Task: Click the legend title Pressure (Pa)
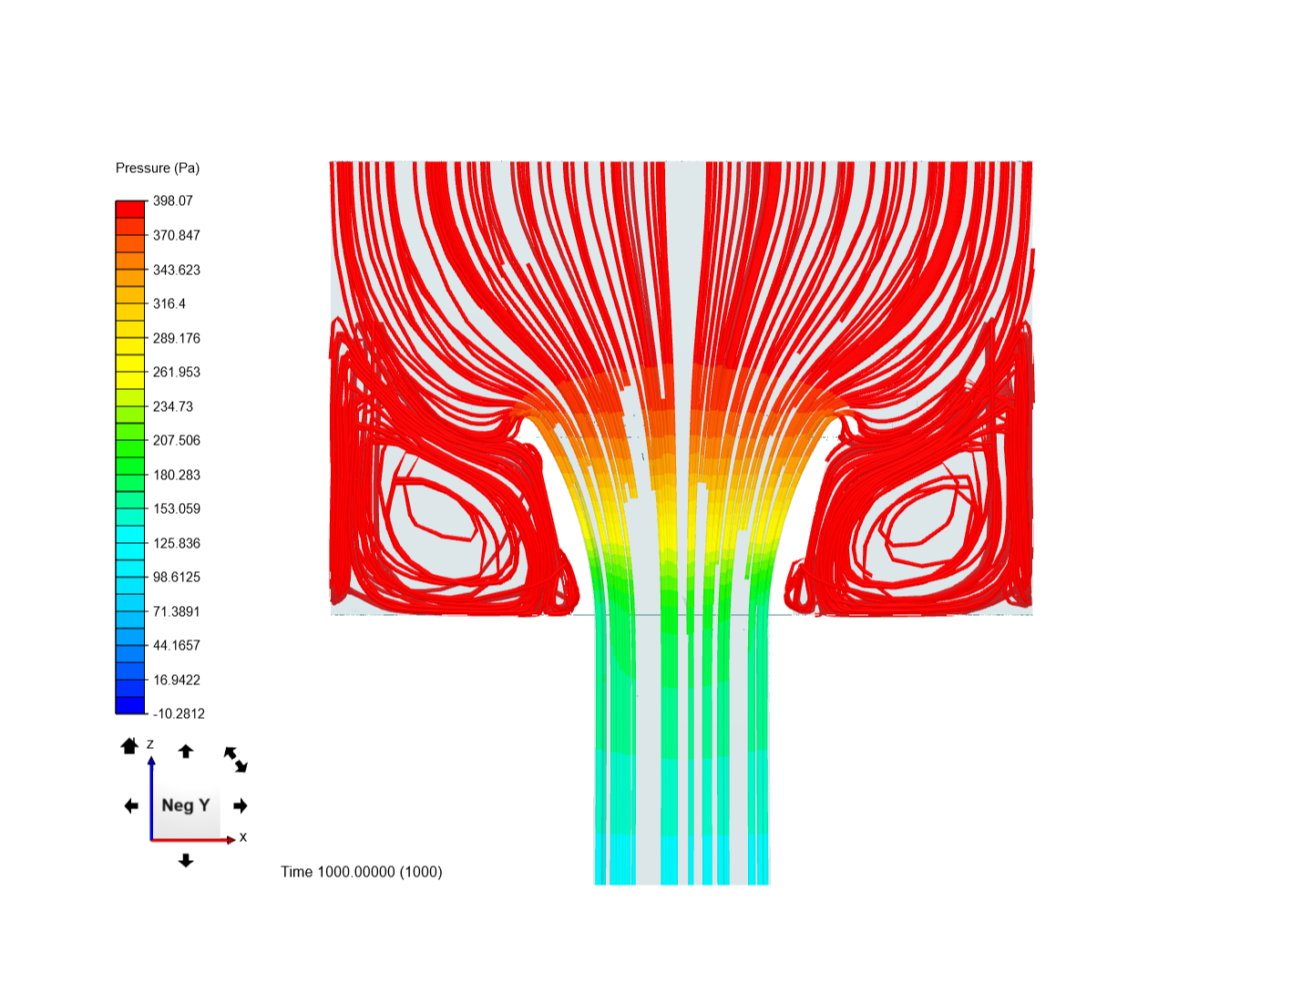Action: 158,169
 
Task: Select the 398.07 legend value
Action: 173,201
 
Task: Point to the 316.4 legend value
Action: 169,303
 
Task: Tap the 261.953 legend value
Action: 177,372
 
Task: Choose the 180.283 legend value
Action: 177,475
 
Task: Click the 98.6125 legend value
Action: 177,577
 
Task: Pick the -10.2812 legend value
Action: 179,713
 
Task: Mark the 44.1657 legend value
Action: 177,645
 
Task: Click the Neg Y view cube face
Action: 186,805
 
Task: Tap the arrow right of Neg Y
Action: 241,805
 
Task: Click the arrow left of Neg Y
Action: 131,805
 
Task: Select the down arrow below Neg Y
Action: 186,860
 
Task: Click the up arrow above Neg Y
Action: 186,751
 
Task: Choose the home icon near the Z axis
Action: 129,746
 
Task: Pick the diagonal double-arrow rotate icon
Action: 236,759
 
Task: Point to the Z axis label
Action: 150,744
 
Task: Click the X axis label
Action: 243,837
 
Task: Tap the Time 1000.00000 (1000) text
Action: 362,872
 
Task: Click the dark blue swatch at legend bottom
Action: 130,705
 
